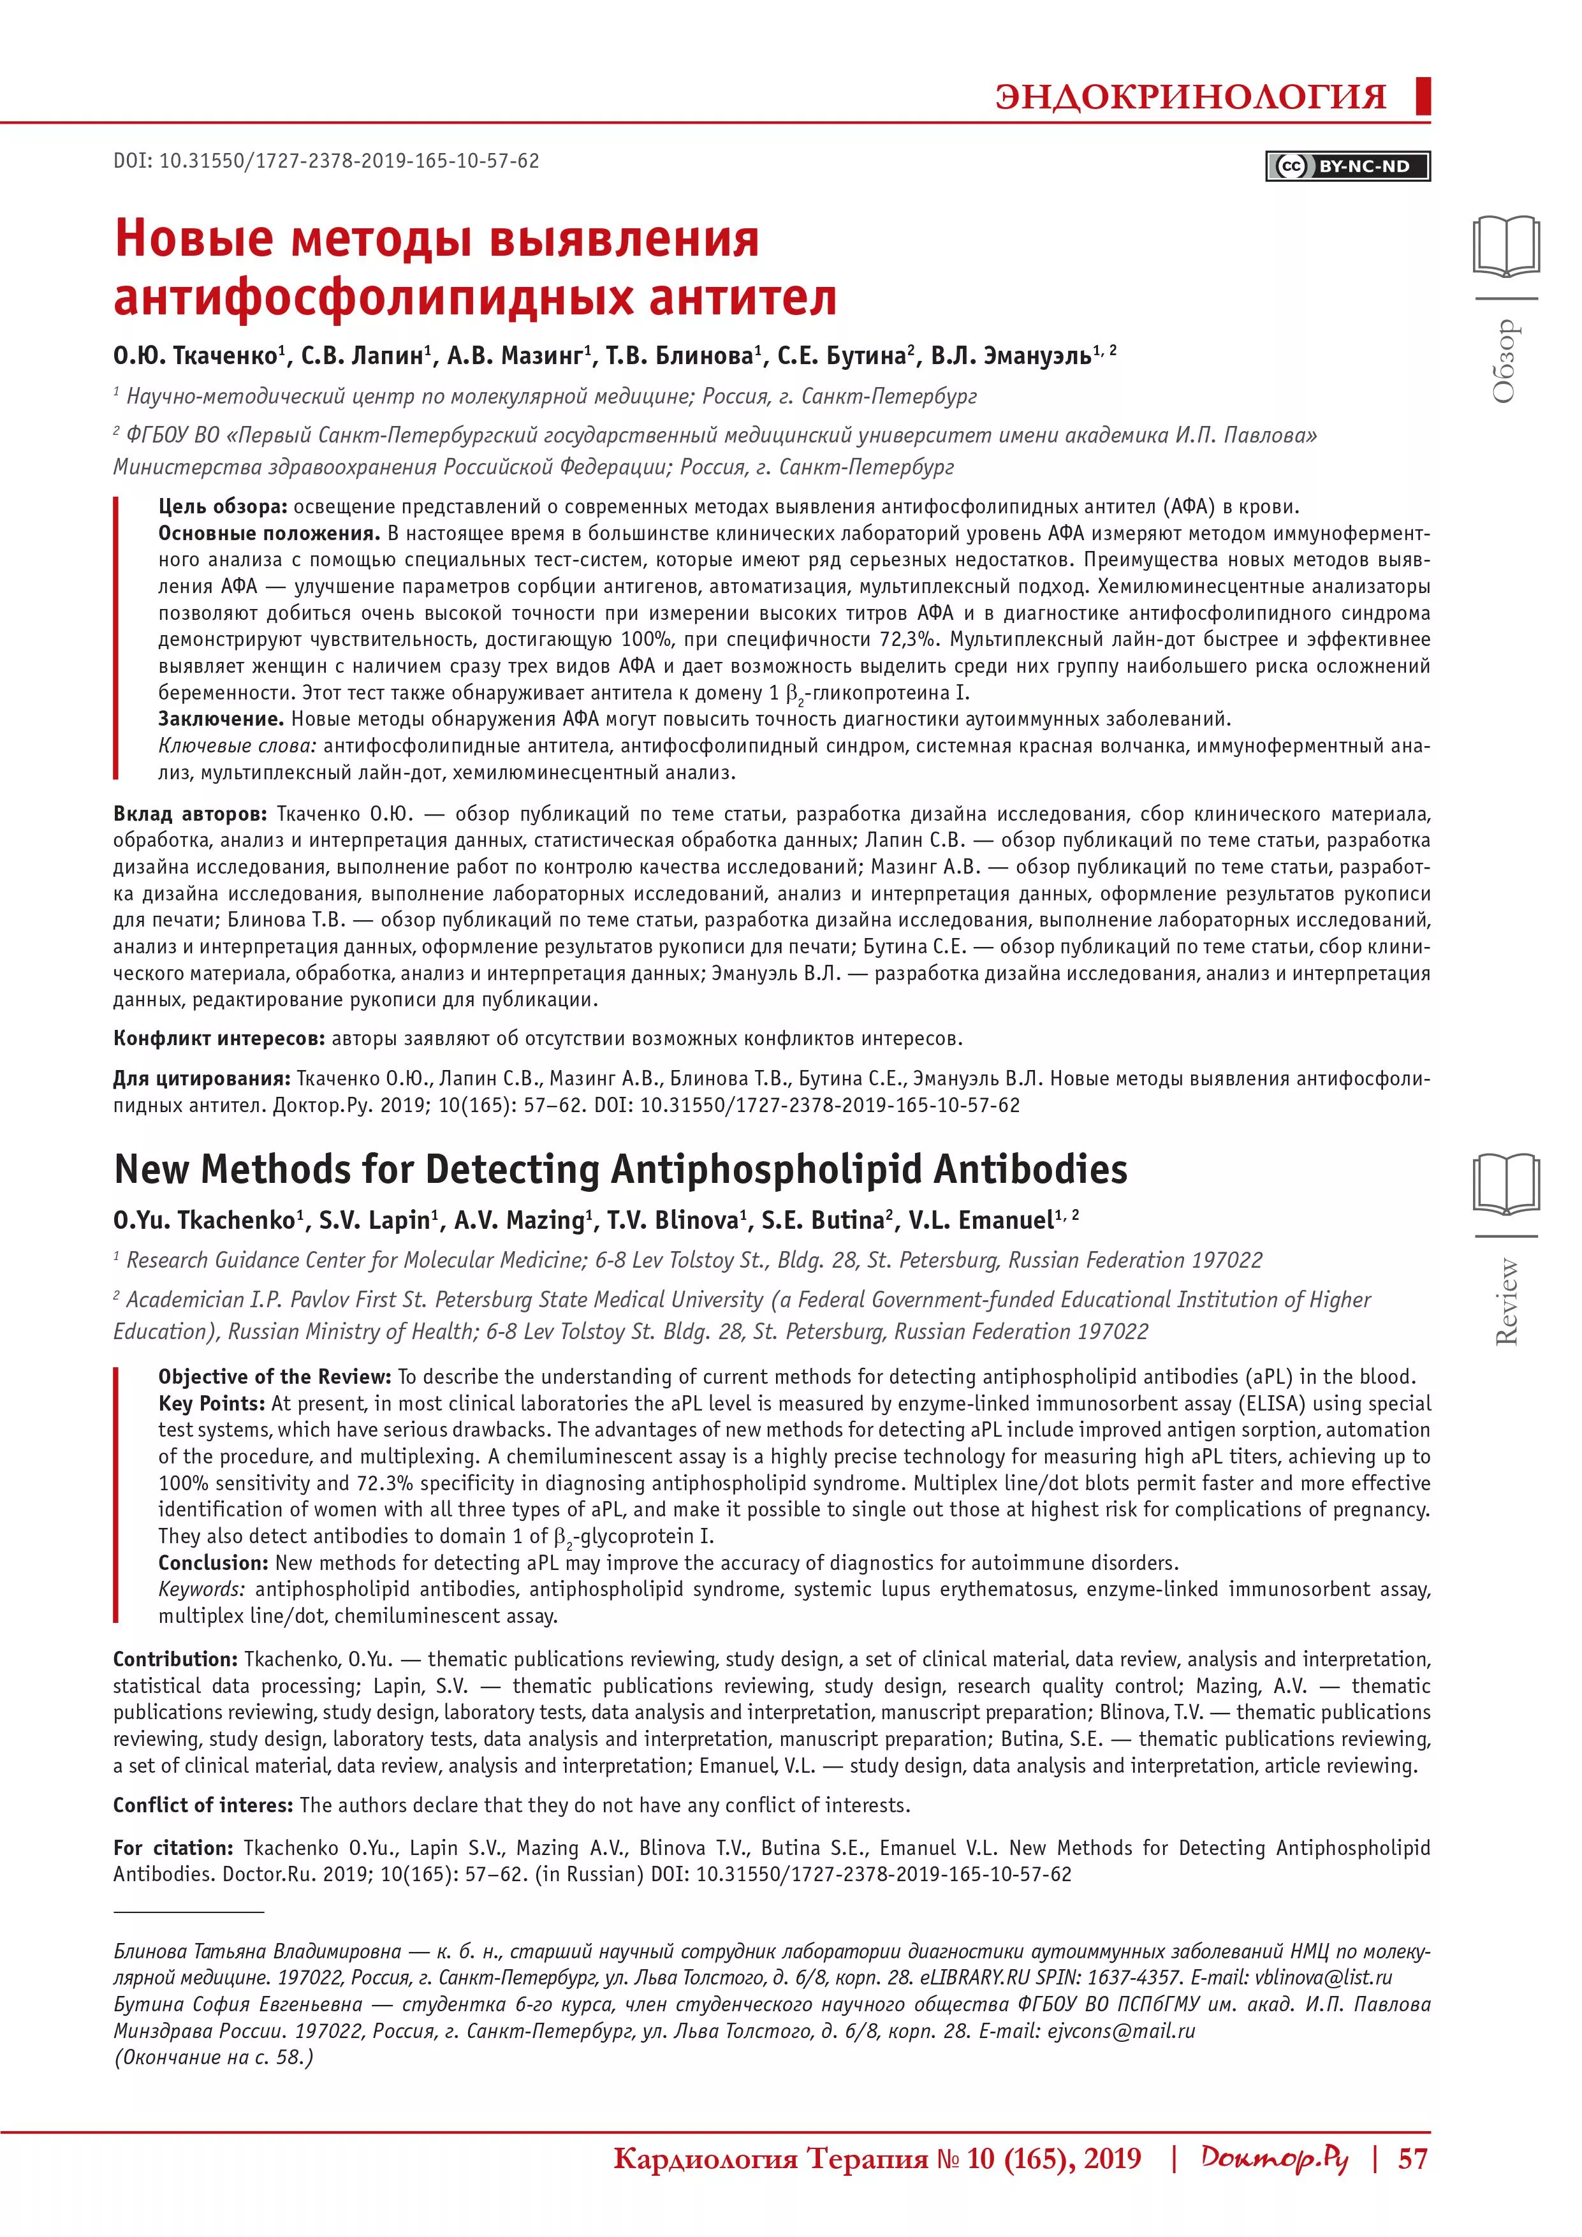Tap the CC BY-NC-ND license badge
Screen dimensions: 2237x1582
(1349, 166)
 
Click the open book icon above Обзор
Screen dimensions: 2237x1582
(1506, 247)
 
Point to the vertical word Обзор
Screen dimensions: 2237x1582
(1505, 360)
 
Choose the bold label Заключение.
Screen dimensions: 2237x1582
(220, 719)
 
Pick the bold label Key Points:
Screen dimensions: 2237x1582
(212, 1403)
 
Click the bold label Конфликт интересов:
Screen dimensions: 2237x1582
(219, 1039)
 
